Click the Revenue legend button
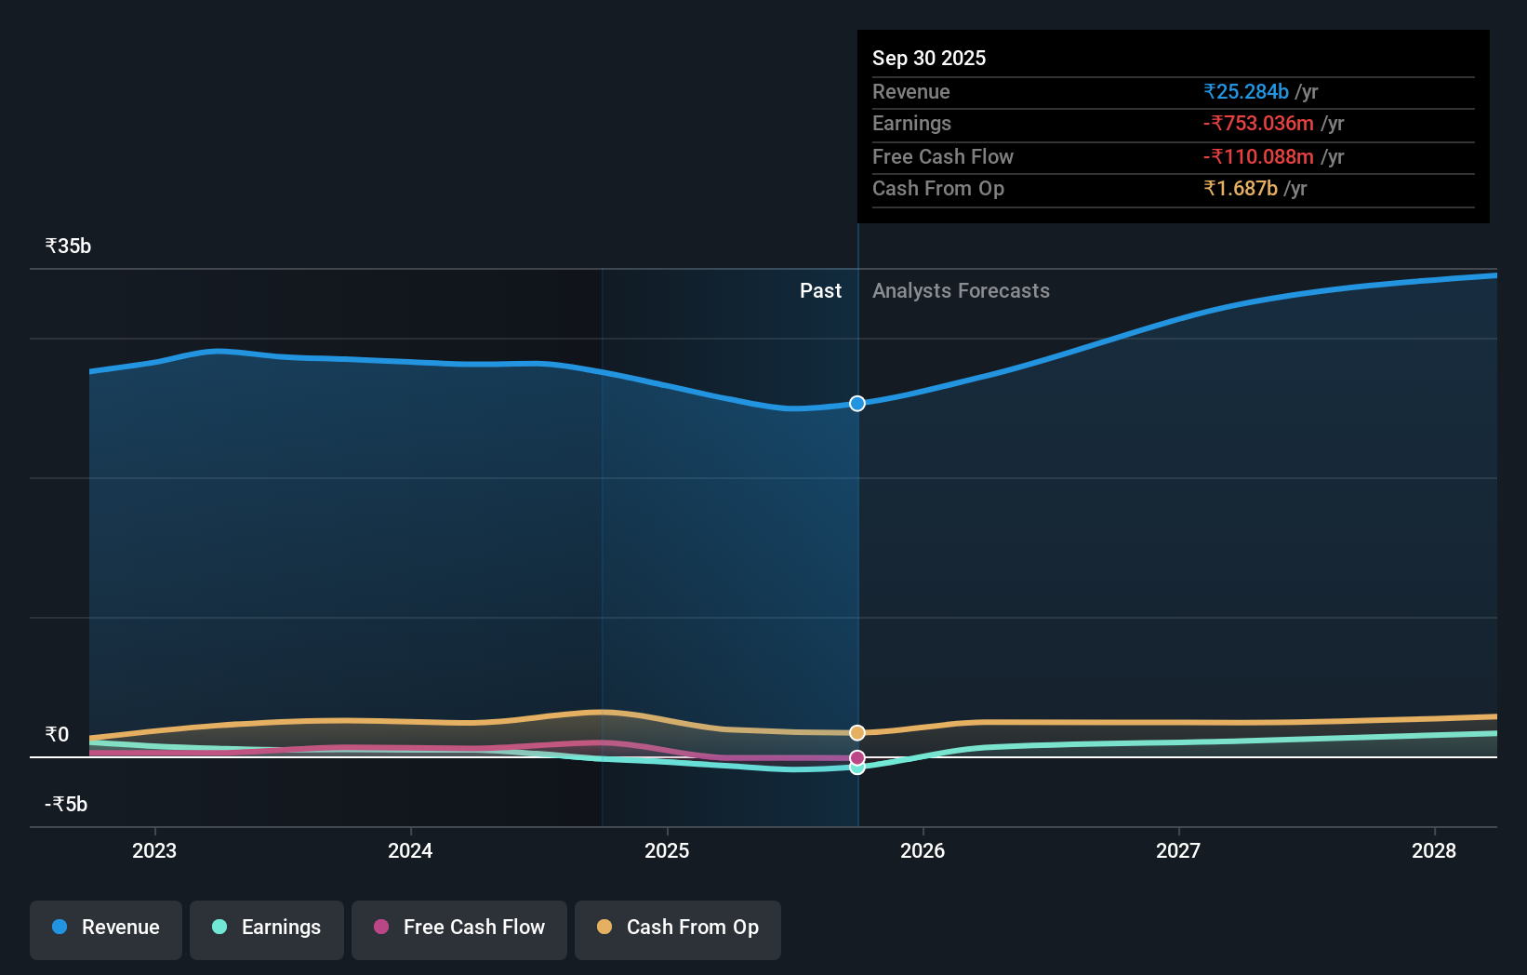coord(106,928)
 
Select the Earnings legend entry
coord(267,928)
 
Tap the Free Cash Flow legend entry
coord(459,928)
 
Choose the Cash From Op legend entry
coord(678,928)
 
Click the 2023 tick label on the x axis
coord(154,850)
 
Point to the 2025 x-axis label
coord(667,850)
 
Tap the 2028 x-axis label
coord(1433,850)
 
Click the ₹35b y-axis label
coord(68,247)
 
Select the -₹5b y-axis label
coord(66,804)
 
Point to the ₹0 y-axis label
coord(57,735)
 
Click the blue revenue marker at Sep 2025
coord(857,403)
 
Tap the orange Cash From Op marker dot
coord(857,733)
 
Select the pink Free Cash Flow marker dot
coord(857,757)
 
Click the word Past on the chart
coord(820,291)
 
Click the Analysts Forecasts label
coord(961,291)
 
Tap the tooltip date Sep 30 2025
coord(929,59)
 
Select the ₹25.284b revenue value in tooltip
coord(1246,92)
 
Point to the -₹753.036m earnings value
coord(1258,124)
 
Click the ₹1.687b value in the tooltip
coord(1241,189)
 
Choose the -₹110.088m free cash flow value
coord(1258,157)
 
